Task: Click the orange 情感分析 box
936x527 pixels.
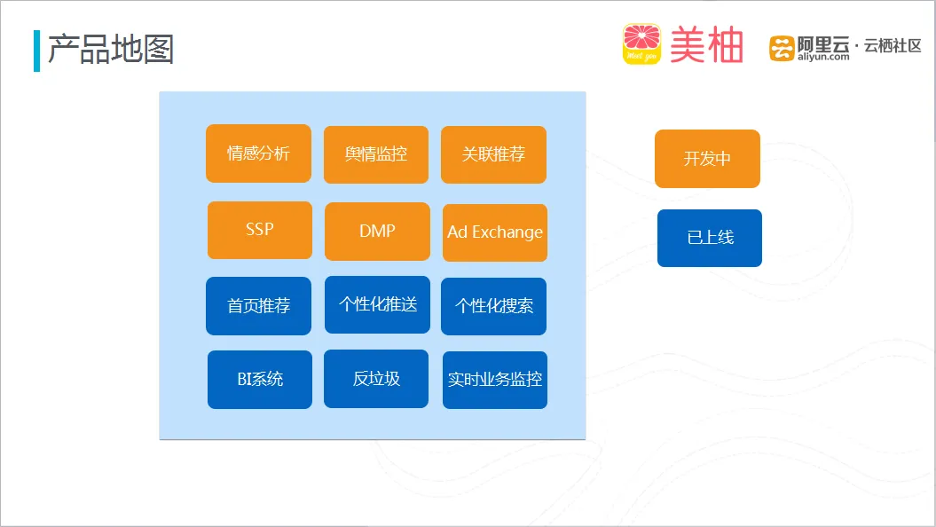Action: (258, 153)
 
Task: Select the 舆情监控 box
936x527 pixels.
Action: (376, 154)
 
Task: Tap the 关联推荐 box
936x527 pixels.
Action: (493, 154)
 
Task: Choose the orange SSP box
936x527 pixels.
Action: (260, 230)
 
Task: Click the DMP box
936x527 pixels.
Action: (377, 231)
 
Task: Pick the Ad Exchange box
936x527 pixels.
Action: (495, 232)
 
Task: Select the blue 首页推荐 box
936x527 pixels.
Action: (258, 305)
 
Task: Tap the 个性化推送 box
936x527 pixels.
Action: (377, 304)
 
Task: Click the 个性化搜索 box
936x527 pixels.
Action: (493, 306)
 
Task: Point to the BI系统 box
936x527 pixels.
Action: (260, 380)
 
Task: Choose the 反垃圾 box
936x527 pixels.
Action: (376, 379)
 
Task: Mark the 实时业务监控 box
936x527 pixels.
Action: (495, 380)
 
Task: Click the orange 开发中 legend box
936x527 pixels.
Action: (707, 159)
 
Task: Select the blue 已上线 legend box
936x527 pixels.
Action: (710, 238)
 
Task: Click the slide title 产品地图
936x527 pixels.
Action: (111, 49)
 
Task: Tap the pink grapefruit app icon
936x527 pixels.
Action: (641, 43)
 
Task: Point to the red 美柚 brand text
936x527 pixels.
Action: (707, 44)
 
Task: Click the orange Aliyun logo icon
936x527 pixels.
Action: (782, 48)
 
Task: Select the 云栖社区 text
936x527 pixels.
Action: (893, 45)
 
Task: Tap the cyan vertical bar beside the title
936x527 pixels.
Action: (37, 51)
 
